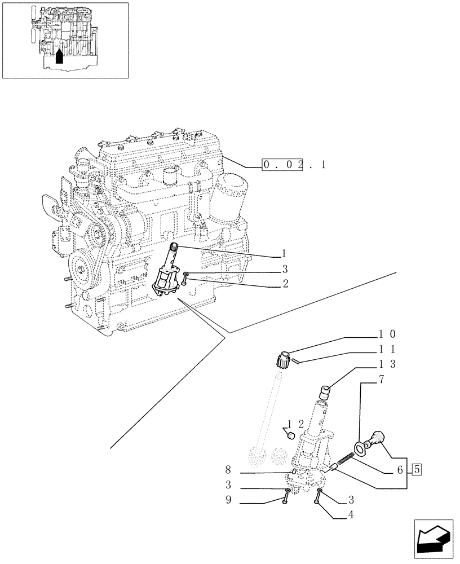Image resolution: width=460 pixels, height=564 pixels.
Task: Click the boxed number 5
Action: click(x=417, y=468)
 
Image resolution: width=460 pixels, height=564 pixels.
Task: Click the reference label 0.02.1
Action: click(x=294, y=165)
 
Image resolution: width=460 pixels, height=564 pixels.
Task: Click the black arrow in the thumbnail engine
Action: click(x=60, y=55)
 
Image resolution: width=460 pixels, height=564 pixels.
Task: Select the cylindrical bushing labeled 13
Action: click(x=324, y=391)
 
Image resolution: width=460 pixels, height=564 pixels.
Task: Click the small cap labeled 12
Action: click(x=291, y=435)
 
